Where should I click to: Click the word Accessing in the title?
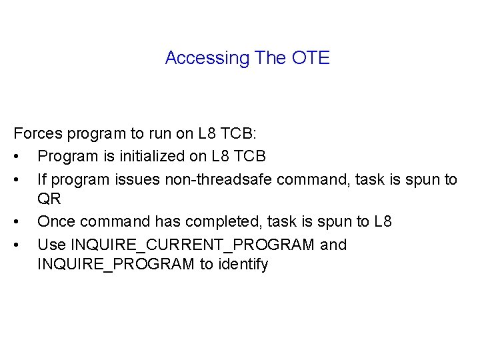[207, 58]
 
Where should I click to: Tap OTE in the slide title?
[311, 58]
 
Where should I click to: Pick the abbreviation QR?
[49, 199]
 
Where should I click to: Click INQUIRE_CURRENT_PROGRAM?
[193, 245]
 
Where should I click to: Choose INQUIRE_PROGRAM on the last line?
[116, 264]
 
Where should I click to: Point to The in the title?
[270, 58]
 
